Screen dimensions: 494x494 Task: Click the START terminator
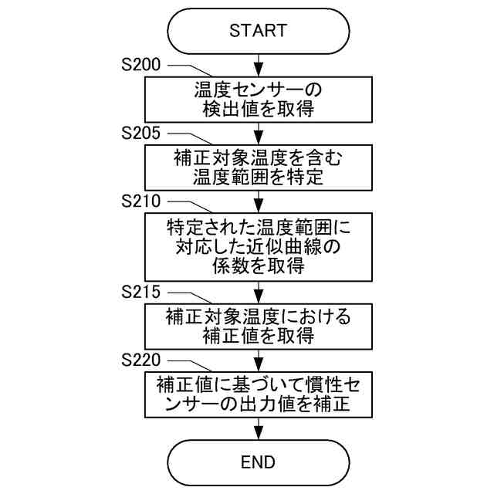[x=258, y=31]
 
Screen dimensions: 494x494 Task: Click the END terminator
[x=258, y=462]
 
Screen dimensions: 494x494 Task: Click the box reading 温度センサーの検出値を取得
[x=258, y=99]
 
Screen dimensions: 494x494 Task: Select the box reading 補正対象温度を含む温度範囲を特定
[x=258, y=167]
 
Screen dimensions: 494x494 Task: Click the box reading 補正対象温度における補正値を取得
[x=258, y=327]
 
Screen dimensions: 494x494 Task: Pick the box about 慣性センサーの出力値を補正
[x=258, y=394]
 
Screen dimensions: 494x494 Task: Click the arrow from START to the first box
[x=258, y=63]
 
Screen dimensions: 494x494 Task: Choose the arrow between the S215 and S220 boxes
[x=258, y=360]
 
